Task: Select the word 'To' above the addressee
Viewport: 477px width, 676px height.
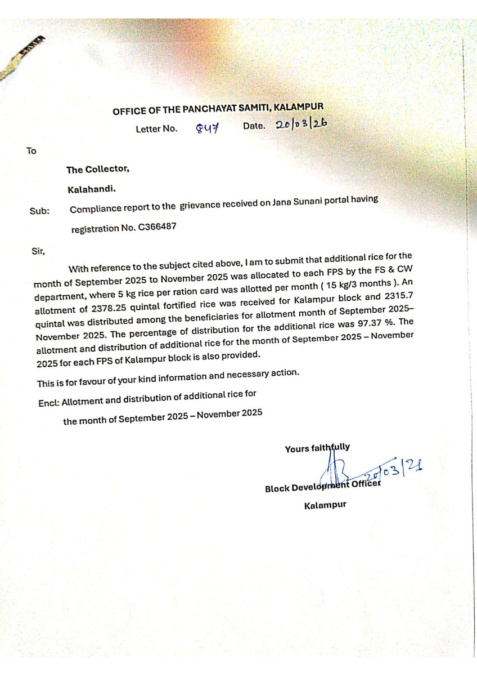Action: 31,151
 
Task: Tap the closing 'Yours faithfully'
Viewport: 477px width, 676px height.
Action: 317,448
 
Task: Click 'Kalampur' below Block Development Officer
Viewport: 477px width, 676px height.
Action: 325,505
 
